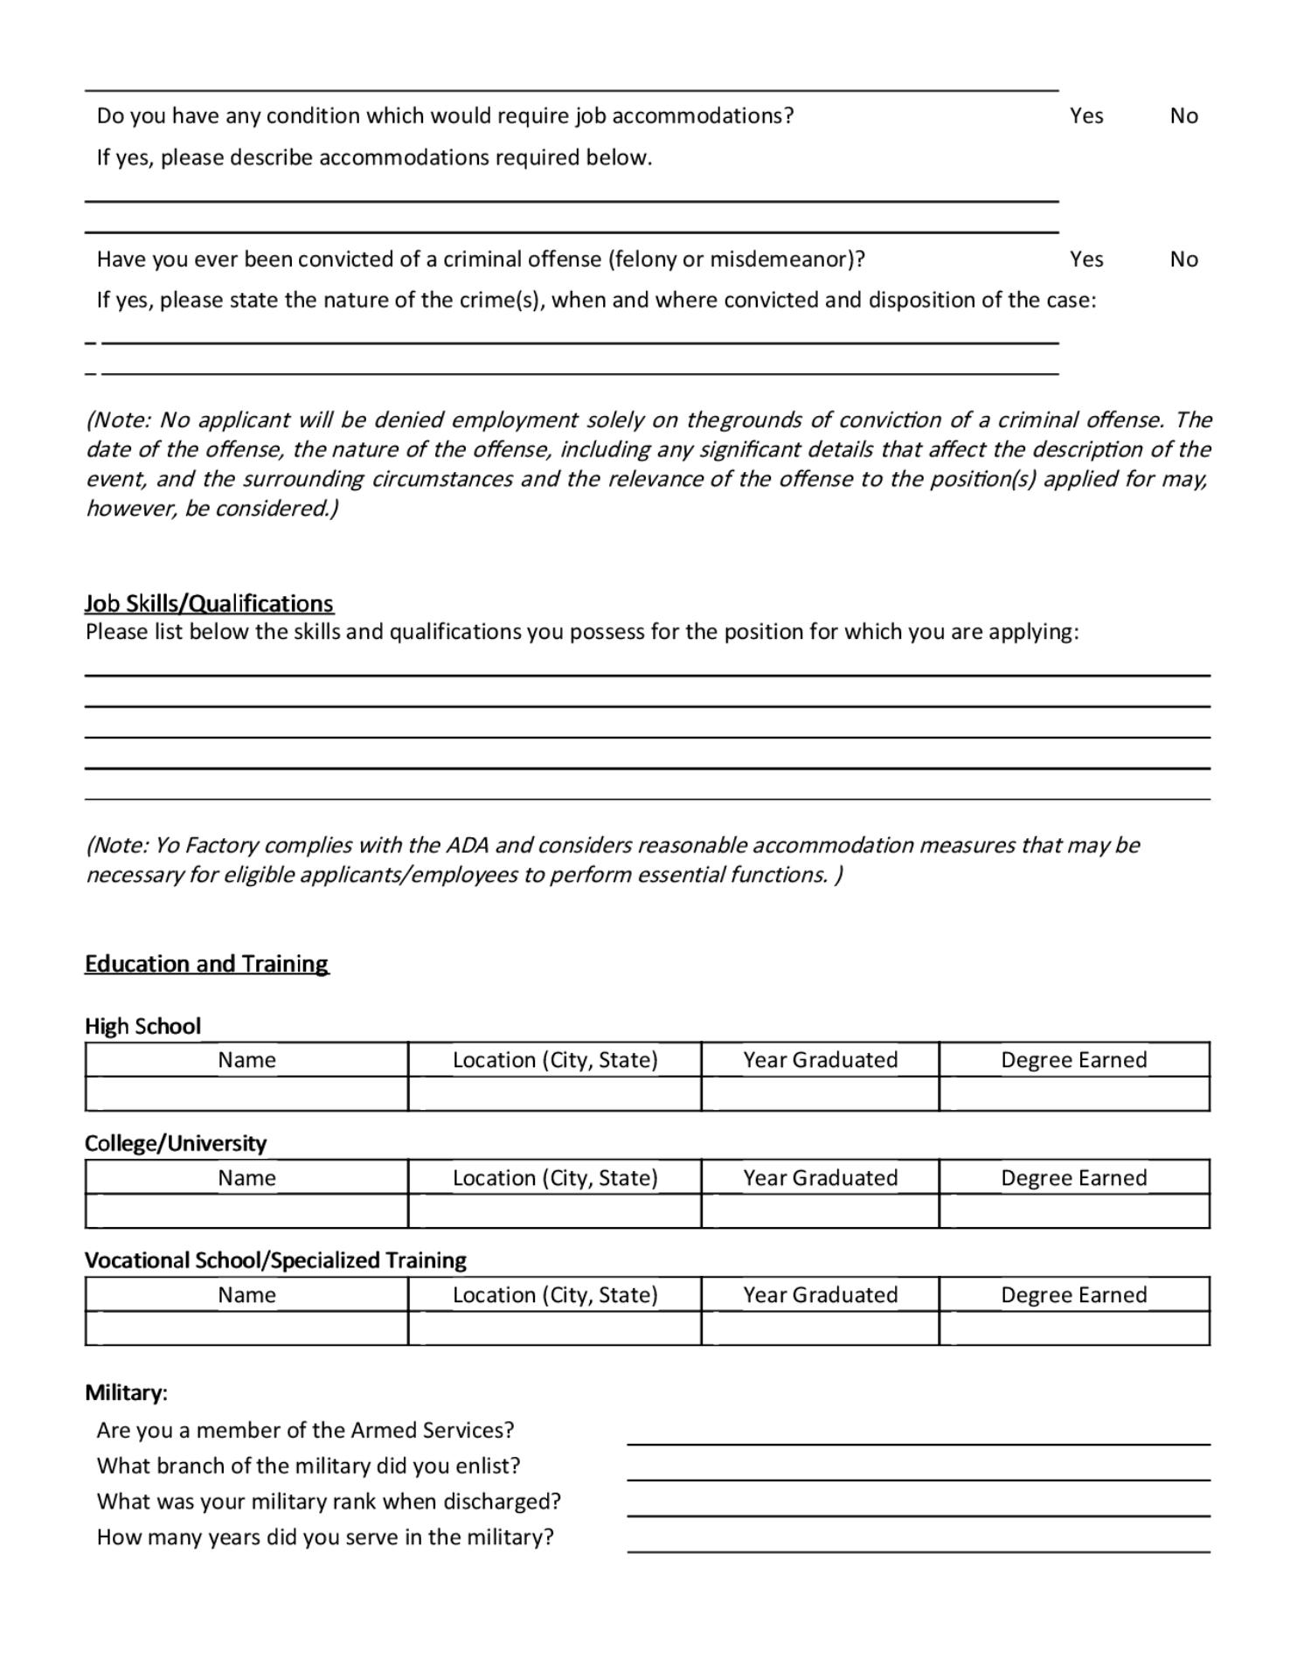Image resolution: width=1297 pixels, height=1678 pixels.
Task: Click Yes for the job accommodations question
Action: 1085,116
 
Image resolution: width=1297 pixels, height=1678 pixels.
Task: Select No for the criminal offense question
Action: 1183,260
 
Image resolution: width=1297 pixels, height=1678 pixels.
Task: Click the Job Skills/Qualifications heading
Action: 209,604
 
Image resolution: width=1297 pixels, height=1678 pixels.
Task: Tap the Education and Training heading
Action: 206,964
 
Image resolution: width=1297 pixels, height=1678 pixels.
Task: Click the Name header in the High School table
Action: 246,1060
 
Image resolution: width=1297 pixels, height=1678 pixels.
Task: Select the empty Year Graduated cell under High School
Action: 820,1094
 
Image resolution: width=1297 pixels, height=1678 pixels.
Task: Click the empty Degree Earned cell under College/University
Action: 1074,1211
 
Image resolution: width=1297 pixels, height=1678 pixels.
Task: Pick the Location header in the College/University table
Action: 555,1178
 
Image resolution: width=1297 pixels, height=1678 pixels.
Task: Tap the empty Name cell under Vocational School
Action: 246,1328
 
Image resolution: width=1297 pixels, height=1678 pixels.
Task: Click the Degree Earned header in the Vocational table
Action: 1074,1295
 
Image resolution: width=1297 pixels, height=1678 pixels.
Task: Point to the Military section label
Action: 126,1393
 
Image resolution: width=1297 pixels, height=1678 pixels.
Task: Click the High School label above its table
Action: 142,1027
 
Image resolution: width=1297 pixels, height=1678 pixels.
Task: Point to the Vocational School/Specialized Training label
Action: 275,1260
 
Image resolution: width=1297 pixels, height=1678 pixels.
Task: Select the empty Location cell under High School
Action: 555,1094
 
